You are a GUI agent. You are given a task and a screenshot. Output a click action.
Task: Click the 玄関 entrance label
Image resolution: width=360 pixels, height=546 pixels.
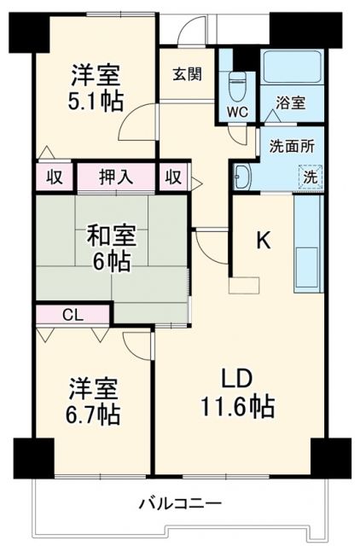point(188,74)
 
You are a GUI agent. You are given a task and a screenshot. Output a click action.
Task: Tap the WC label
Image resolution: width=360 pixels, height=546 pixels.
point(236,111)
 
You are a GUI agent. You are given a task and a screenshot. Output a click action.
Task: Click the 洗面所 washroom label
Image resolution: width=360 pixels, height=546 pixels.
point(292,146)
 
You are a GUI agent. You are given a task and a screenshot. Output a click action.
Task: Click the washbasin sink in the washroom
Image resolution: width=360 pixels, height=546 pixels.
point(242,177)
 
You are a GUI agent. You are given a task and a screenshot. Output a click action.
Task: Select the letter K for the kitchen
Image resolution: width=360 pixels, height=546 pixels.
point(264,241)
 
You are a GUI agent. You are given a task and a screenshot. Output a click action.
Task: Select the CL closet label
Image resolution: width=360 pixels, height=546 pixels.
point(73,314)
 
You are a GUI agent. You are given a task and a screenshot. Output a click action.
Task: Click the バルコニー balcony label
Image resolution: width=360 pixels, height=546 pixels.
point(180,503)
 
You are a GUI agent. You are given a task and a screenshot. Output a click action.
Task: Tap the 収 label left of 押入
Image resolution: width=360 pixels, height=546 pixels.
point(55,177)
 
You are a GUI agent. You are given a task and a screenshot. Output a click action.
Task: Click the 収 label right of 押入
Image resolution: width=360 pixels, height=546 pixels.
point(173,177)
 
